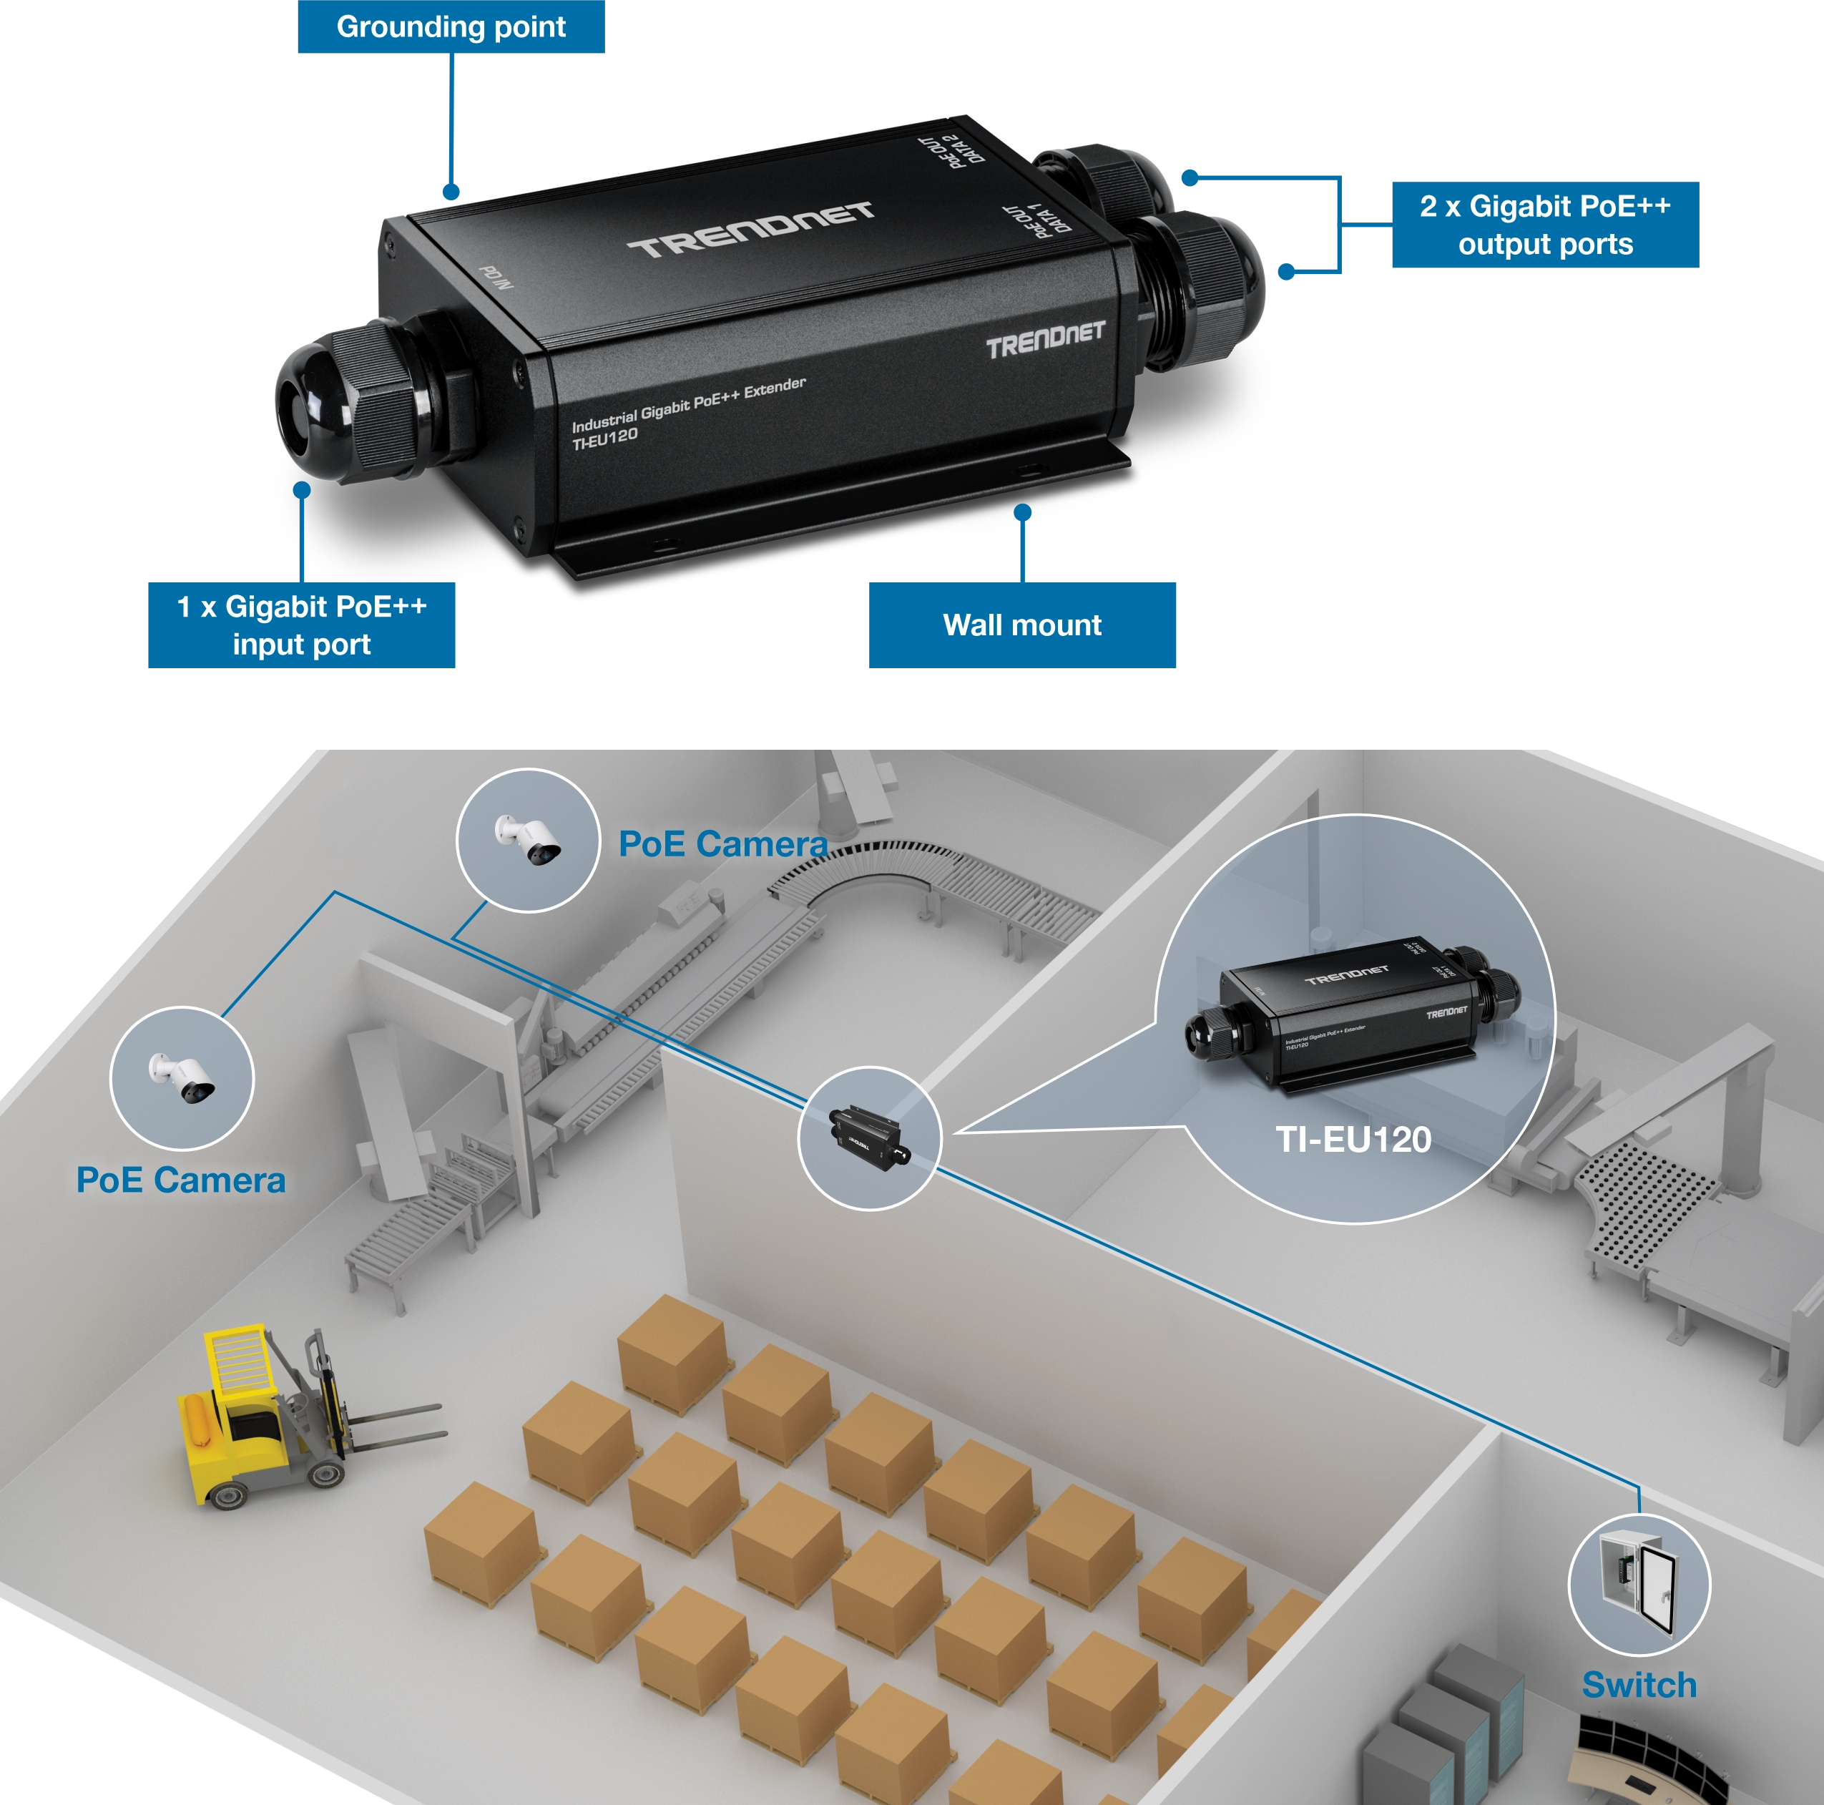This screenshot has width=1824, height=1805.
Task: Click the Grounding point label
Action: pos(451,27)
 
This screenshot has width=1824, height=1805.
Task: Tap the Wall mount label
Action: pos(1021,625)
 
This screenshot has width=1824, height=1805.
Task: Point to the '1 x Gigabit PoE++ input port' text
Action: pos(302,625)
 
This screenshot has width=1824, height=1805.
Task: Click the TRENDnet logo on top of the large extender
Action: pos(750,230)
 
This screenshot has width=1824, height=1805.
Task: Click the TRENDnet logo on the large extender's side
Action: pos(1045,341)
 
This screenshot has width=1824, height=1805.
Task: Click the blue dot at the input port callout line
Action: pos(302,490)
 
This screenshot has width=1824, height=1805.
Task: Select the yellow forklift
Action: pos(274,1416)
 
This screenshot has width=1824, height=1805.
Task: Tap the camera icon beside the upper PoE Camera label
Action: pos(529,839)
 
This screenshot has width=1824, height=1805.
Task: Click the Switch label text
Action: pos(1639,1685)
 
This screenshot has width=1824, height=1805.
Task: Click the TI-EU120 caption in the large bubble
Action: pos(1353,1140)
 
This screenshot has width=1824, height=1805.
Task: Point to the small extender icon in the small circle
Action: pos(868,1138)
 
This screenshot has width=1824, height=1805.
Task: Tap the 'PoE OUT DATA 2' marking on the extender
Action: pos(953,150)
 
